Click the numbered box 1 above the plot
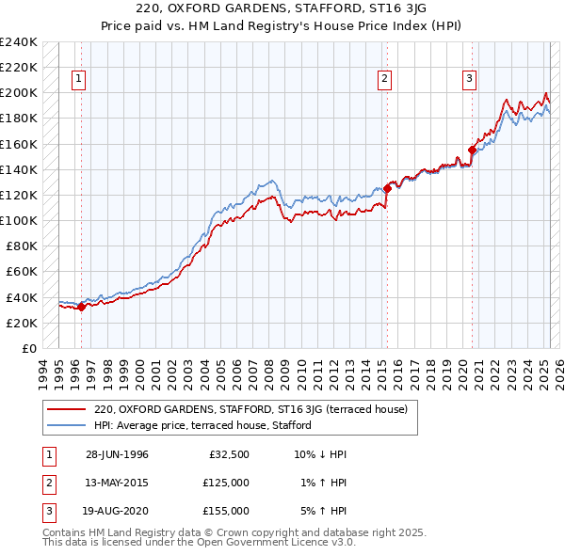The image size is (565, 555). click(x=78, y=80)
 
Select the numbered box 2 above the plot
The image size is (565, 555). click(x=385, y=80)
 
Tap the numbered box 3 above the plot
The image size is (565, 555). click(x=469, y=80)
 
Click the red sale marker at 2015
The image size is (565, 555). click(x=387, y=189)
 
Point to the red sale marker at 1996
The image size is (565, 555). click(x=82, y=306)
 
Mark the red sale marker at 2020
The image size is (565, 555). click(x=472, y=150)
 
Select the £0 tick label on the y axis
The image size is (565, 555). click(x=28, y=348)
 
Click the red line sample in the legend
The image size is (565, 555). click(x=66, y=410)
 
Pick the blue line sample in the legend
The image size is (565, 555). click(x=66, y=425)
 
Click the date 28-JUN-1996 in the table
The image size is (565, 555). click(x=117, y=454)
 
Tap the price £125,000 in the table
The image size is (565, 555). click(x=226, y=483)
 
